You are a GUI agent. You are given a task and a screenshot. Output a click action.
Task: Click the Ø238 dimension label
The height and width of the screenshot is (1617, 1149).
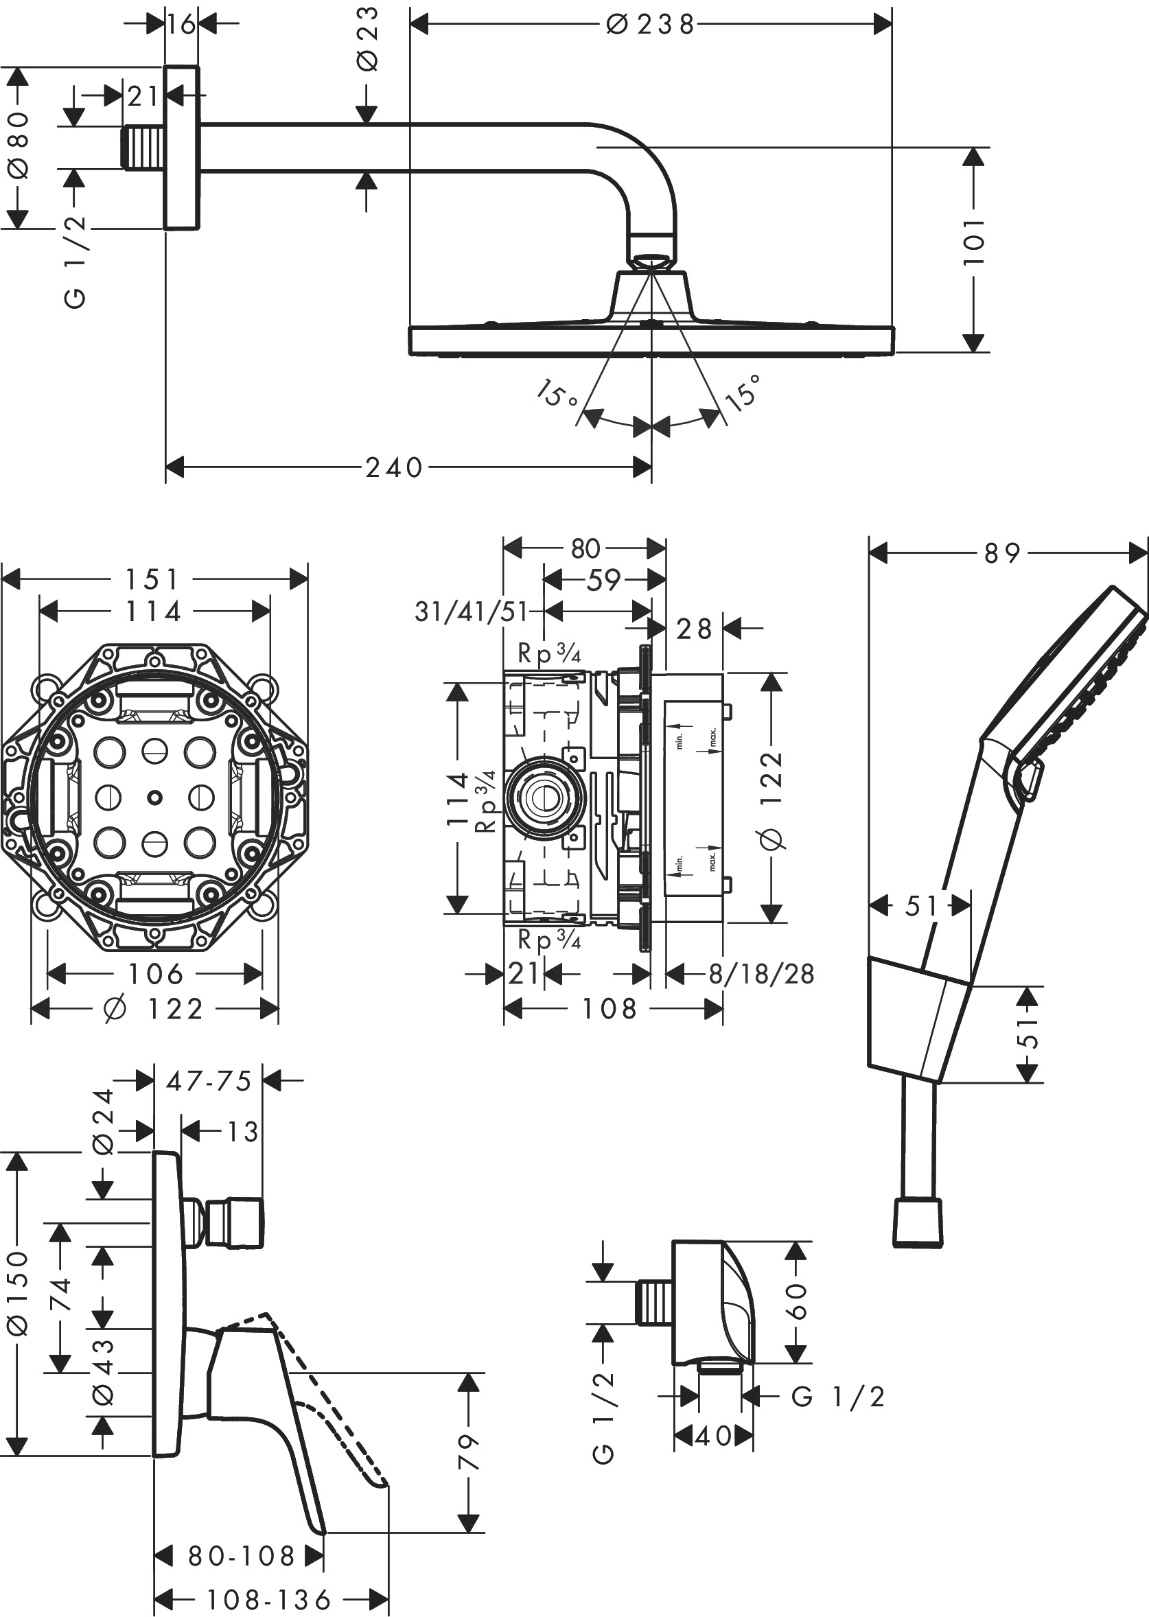pos(650,25)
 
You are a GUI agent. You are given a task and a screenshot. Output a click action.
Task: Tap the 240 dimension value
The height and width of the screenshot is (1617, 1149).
pos(393,467)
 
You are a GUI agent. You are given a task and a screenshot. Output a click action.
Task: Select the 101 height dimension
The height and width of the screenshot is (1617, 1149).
pos(974,241)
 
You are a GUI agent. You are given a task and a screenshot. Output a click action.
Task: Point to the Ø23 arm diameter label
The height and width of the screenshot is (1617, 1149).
pos(368,39)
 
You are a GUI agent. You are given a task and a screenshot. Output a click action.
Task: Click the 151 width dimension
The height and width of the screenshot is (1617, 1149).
pos(152,579)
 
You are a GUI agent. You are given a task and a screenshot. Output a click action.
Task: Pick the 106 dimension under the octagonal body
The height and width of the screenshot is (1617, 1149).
pos(155,974)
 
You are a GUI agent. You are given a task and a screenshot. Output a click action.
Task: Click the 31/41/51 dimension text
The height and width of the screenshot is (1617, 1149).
pos(472,612)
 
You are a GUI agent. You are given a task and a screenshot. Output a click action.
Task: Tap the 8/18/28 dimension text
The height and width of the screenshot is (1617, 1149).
pos(761,974)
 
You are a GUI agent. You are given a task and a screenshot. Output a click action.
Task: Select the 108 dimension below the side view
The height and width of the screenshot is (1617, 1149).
pos(610,1009)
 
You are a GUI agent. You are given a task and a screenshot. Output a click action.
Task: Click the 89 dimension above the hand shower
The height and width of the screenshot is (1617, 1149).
pos(1002,553)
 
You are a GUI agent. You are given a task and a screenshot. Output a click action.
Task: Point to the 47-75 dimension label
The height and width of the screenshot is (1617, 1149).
pos(209,1081)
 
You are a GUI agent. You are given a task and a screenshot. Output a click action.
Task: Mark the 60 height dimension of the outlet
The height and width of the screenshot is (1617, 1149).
pos(797,1301)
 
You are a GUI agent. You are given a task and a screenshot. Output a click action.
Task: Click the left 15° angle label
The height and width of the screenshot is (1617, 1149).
pos(556,394)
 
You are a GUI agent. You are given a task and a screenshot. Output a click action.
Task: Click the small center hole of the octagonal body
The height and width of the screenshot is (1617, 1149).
pos(154,798)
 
